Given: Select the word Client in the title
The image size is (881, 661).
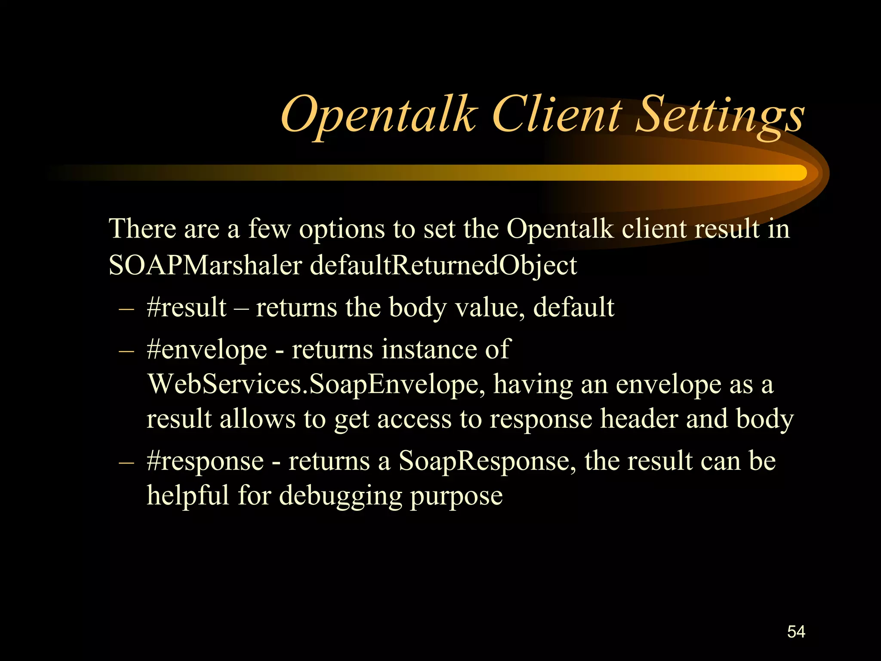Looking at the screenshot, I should point(557,114).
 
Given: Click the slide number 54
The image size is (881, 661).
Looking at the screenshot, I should point(796,632).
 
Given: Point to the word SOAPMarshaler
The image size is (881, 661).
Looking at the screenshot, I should point(205,265).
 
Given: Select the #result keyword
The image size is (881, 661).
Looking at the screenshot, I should point(186,307).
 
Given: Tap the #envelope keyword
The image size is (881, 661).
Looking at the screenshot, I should point(206,349).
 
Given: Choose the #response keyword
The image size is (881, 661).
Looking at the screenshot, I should point(205,461).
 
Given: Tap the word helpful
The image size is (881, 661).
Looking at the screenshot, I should point(188,495).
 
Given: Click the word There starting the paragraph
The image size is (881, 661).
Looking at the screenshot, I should point(142,229).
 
